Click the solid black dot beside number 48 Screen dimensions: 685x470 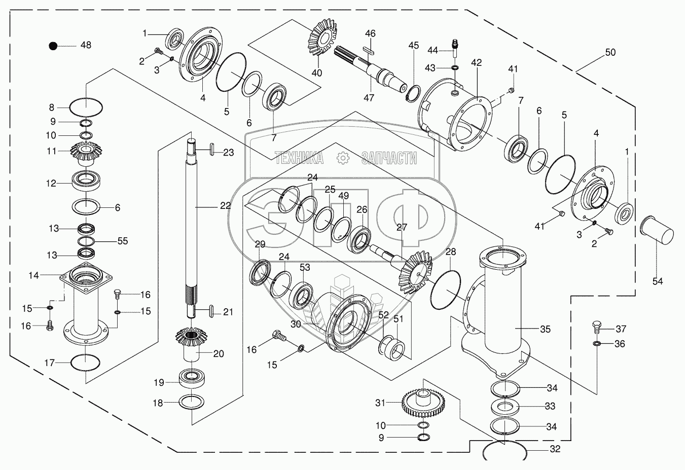(x=53, y=46)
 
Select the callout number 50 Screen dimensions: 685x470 (x=610, y=52)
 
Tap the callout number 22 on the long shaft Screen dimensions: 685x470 (x=226, y=205)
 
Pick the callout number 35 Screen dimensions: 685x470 (x=545, y=329)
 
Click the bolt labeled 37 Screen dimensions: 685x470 (x=597, y=329)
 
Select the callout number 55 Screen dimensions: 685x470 (x=123, y=241)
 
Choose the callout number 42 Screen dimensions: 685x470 (x=477, y=63)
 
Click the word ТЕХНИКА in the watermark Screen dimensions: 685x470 (x=299, y=158)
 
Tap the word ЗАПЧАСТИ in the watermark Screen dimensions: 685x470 (x=389, y=158)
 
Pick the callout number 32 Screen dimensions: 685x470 (x=555, y=449)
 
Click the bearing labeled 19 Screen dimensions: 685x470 (x=192, y=379)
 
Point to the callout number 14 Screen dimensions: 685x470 (x=33, y=275)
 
